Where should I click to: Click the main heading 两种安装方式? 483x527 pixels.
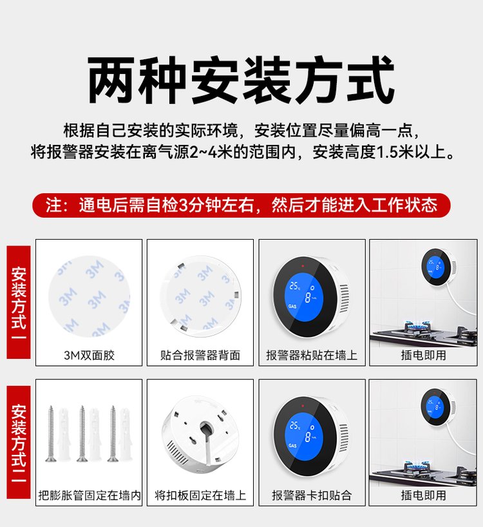(x=241, y=81)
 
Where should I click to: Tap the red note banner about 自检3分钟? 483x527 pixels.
(x=241, y=205)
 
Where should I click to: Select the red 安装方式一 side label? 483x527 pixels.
(x=19, y=302)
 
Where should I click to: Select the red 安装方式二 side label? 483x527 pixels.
(x=19, y=443)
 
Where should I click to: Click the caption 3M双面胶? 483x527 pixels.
(x=89, y=355)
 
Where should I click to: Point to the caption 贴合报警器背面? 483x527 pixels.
(x=200, y=355)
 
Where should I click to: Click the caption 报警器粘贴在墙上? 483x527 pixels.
(x=312, y=355)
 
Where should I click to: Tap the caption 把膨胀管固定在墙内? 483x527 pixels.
(x=90, y=495)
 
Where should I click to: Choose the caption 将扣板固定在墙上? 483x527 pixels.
(x=200, y=495)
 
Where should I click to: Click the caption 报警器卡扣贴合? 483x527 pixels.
(x=312, y=495)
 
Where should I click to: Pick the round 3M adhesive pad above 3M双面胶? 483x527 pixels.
(x=89, y=296)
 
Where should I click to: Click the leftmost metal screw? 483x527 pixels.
(x=51, y=434)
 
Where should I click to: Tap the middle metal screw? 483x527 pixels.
(x=82, y=434)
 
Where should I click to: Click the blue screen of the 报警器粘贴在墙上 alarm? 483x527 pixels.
(x=303, y=295)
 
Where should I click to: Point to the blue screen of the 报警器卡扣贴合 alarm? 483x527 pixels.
(x=303, y=436)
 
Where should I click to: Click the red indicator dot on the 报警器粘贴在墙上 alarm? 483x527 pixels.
(x=303, y=266)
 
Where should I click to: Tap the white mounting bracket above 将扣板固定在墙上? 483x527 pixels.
(x=200, y=434)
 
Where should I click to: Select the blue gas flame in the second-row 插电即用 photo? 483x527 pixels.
(x=417, y=464)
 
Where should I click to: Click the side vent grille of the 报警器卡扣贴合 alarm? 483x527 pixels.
(x=343, y=438)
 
